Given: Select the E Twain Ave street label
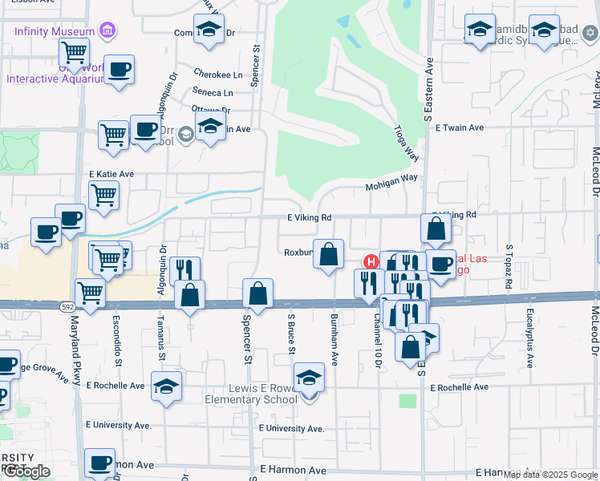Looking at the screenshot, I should click(460, 127).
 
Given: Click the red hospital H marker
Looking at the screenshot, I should click(371, 261).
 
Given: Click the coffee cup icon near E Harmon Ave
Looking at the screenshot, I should click(100, 464).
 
